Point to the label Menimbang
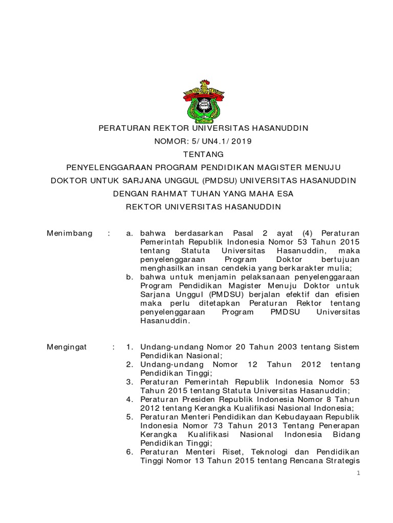point(70,233)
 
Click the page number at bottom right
point(359,473)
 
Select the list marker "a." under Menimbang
point(130,233)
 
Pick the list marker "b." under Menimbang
point(130,277)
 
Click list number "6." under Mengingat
point(130,451)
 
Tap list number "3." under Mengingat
point(130,382)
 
